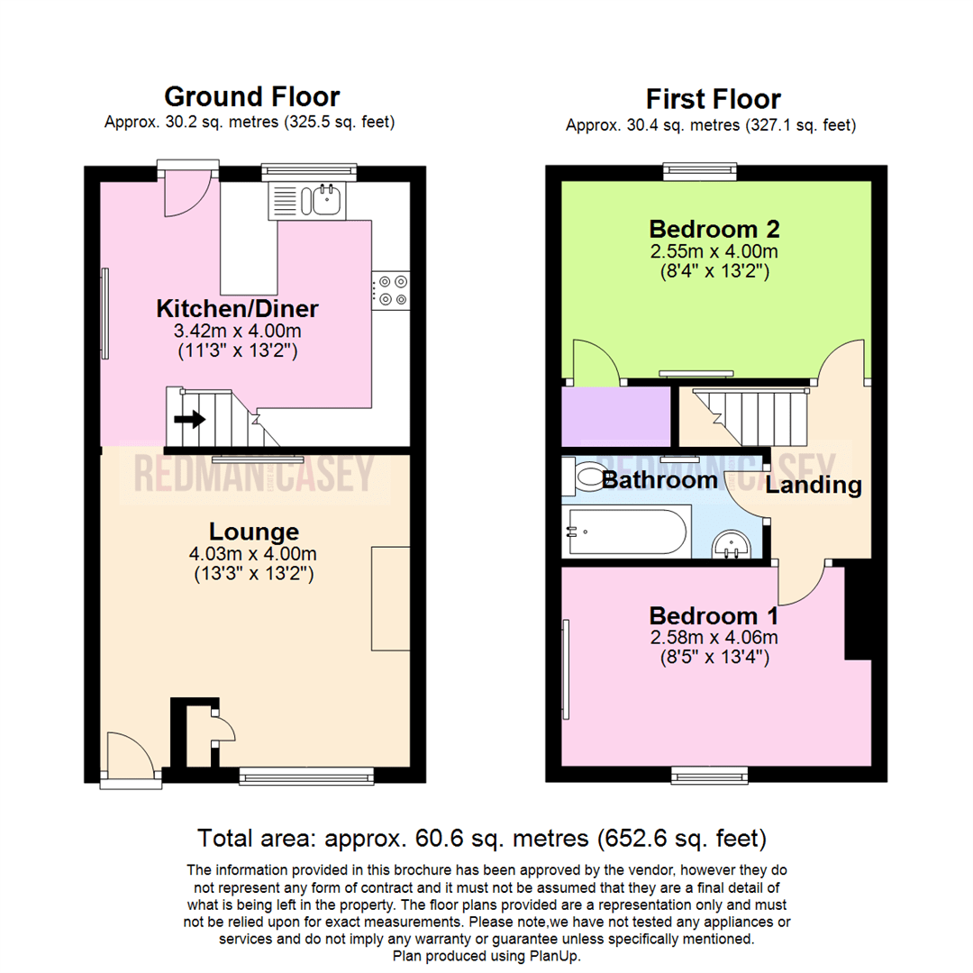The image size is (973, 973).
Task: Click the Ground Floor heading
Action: (x=252, y=96)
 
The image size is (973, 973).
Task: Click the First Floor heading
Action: (x=714, y=99)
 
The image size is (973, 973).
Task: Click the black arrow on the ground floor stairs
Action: (x=189, y=419)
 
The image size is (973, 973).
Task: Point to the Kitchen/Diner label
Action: (x=238, y=309)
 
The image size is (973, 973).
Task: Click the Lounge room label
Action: (x=254, y=531)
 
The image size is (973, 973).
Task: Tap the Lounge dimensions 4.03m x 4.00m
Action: (x=254, y=553)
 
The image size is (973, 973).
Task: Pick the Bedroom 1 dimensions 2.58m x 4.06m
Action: (x=714, y=638)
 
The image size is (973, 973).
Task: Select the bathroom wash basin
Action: (x=732, y=542)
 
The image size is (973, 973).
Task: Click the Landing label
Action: (x=814, y=486)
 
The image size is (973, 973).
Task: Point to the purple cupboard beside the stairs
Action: (x=615, y=416)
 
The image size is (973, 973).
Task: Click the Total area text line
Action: (x=482, y=839)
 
